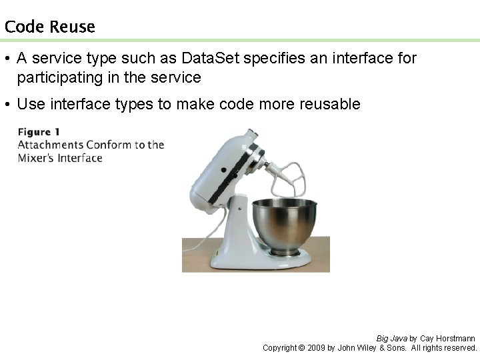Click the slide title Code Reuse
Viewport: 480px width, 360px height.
click(49, 27)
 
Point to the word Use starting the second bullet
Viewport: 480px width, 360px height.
click(30, 104)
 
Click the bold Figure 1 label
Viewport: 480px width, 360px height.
click(39, 131)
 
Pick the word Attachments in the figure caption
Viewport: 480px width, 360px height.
click(50, 145)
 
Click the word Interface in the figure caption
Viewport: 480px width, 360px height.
click(79, 158)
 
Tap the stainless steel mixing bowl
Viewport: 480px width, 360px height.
click(284, 223)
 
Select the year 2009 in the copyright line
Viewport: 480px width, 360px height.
click(317, 348)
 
